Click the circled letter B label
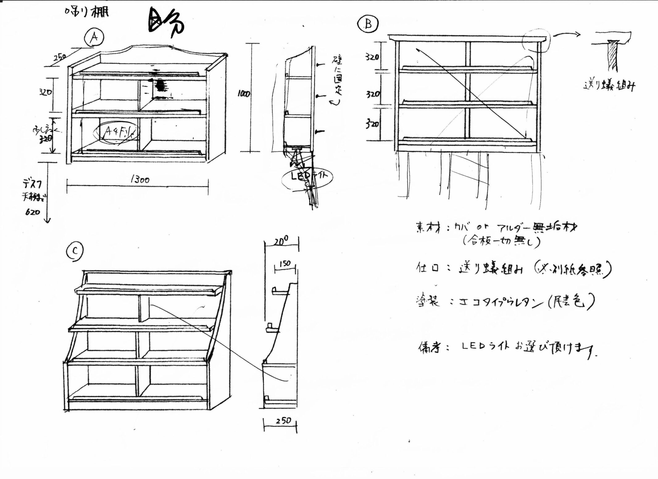point(368,24)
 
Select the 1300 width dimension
point(140,180)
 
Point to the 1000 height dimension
point(244,94)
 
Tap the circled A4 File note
point(118,133)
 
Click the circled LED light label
point(307,177)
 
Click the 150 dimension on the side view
point(285,264)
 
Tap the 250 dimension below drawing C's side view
point(283,420)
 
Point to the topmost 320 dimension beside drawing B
point(372,57)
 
